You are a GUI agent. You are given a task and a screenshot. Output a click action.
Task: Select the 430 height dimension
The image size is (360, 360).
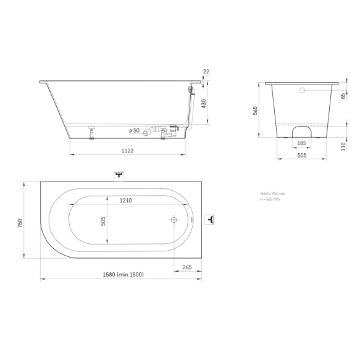coord(204,103)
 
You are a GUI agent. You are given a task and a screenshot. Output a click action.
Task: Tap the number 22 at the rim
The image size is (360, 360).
coord(206,72)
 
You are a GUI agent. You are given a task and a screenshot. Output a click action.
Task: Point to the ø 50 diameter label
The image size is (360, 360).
coord(134,130)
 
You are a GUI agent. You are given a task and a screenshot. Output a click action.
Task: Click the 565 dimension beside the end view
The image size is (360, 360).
coord(255,110)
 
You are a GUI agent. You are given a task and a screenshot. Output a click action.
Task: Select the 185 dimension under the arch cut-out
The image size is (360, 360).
coord(302,143)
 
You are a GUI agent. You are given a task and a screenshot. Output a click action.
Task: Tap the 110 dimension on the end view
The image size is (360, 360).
coord(343,146)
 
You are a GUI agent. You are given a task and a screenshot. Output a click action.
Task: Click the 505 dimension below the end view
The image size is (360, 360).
coord(302,156)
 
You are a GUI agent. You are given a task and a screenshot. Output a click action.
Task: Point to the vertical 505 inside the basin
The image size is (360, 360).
coord(104,220)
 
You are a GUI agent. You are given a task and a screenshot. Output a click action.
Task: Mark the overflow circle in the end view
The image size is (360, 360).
coord(303,91)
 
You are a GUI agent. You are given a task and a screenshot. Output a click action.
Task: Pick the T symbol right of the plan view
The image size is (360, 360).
coord(211,220)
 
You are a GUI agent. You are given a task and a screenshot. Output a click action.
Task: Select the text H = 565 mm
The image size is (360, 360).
coord(270,199)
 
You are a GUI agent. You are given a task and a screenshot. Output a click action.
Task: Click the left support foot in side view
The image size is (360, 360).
coord(92,132)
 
